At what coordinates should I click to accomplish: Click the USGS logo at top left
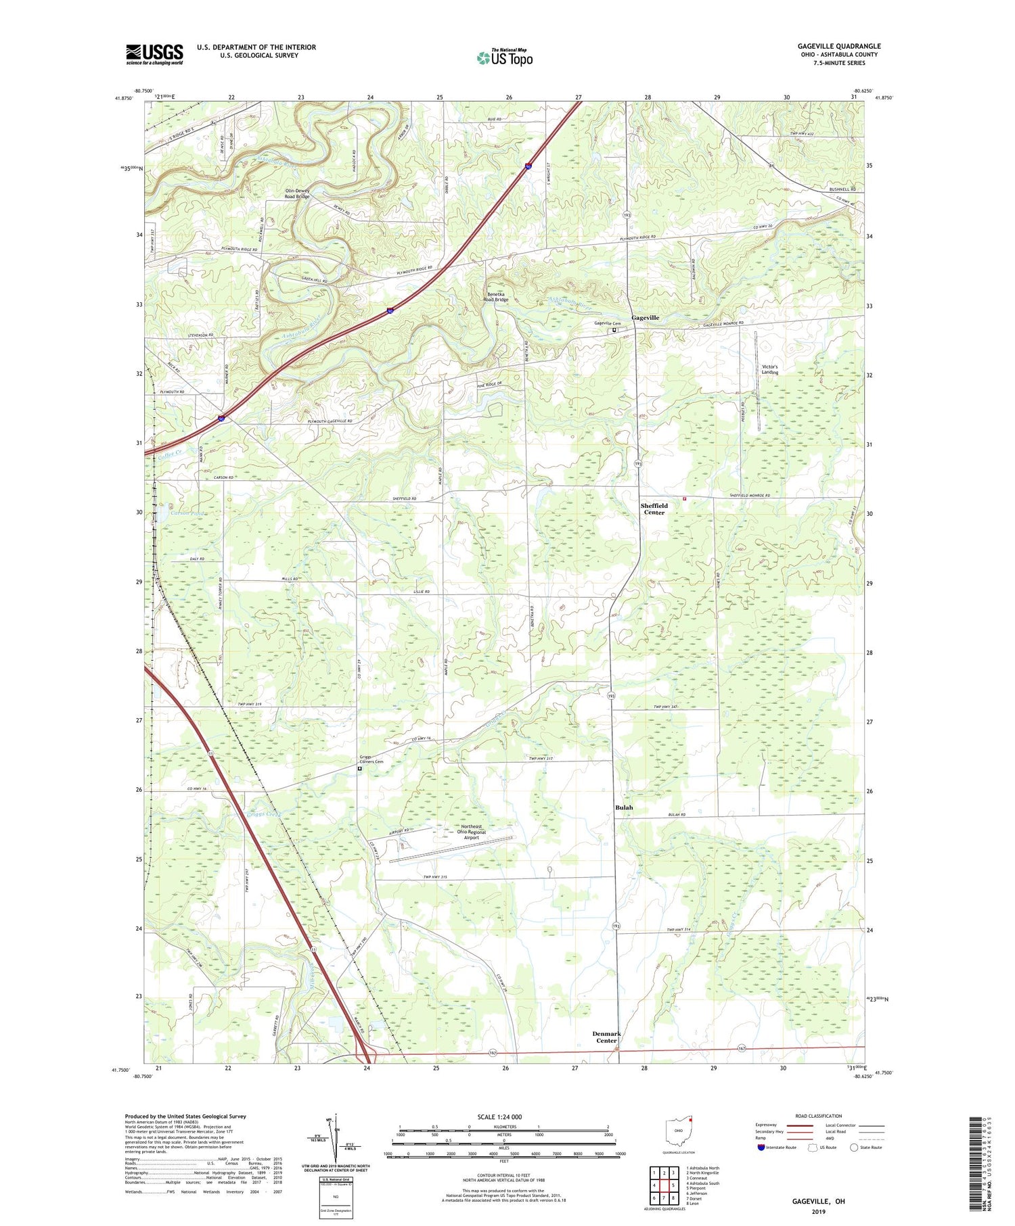click(x=154, y=54)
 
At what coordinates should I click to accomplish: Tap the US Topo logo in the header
click(x=504, y=57)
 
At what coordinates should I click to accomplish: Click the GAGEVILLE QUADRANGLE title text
click(x=838, y=46)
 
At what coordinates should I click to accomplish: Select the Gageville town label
click(x=645, y=317)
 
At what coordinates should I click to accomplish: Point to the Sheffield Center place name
click(x=654, y=509)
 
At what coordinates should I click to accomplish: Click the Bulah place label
click(x=624, y=807)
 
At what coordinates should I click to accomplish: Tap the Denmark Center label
click(x=606, y=1037)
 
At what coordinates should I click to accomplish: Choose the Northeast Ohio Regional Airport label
click(x=471, y=832)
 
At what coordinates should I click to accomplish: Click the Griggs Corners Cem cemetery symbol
click(x=360, y=768)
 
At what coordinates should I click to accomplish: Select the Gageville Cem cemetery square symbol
click(x=615, y=331)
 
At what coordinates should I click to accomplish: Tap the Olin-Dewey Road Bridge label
click(x=298, y=193)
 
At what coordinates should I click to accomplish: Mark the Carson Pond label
click(x=187, y=513)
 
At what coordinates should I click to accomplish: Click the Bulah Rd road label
click(x=673, y=815)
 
